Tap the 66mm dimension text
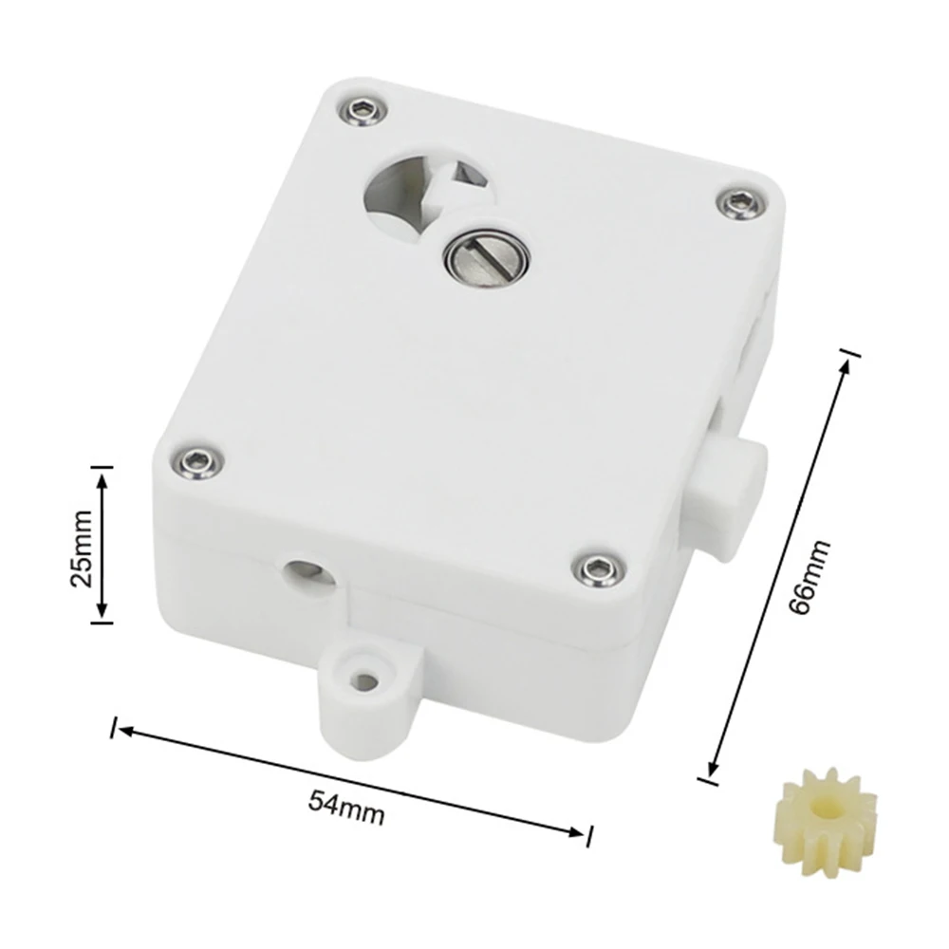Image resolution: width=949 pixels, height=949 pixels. coord(810,577)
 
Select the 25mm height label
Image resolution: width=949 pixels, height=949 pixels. coord(82,549)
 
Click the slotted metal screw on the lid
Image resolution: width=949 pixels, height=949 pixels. coord(487,254)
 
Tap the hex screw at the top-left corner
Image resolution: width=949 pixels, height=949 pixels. coord(362,111)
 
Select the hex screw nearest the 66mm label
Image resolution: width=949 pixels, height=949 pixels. coord(741,204)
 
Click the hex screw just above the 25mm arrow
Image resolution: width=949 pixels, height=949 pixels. coord(196,464)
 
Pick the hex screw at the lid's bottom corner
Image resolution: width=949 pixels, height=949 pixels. coord(599,570)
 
